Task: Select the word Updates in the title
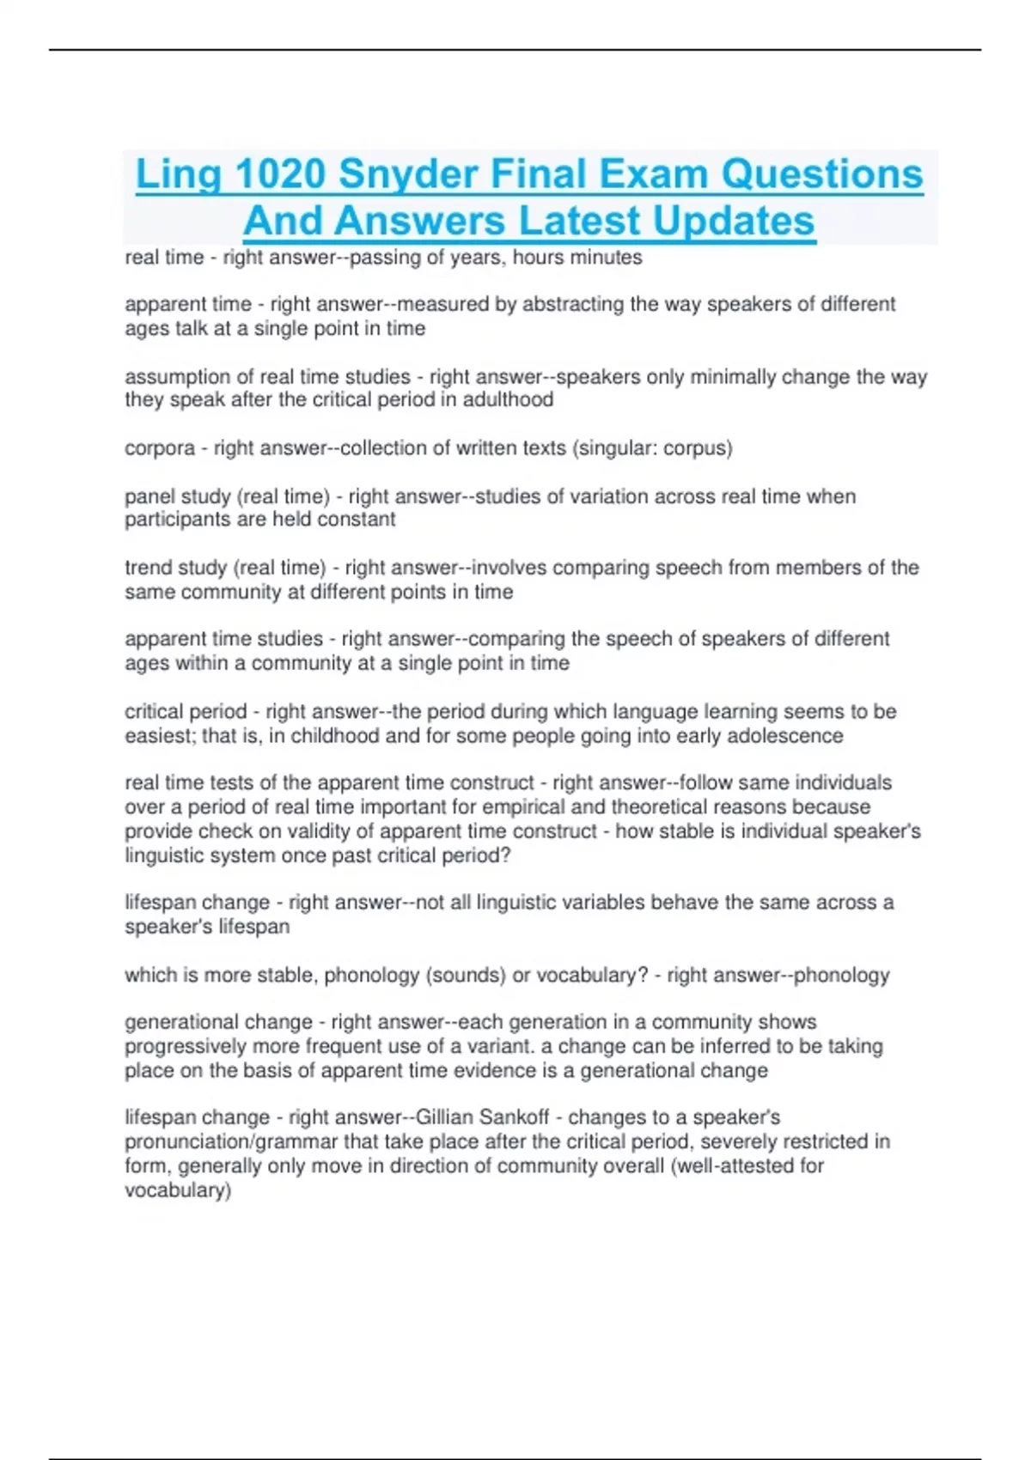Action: (733, 221)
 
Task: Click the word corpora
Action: (160, 448)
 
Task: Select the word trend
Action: (148, 568)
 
